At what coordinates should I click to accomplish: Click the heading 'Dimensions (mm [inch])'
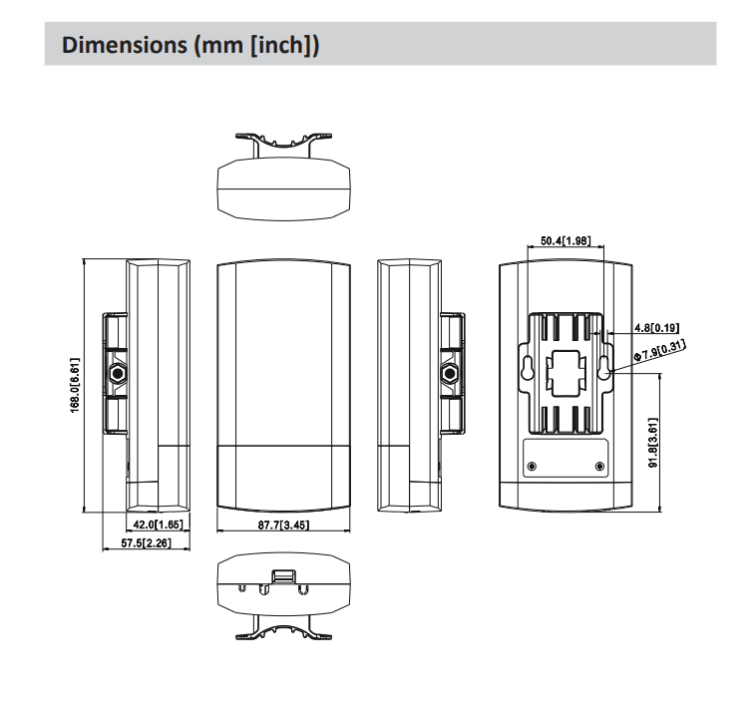click(x=190, y=45)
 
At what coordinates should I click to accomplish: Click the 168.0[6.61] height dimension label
click(x=75, y=385)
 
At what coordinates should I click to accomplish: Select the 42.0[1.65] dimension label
click(x=159, y=525)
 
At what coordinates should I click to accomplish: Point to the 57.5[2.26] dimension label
click(x=146, y=542)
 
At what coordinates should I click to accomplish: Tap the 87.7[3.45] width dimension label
click(x=283, y=525)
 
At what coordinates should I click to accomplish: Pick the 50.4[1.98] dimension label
click(x=566, y=240)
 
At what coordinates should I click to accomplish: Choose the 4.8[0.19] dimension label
click(x=656, y=328)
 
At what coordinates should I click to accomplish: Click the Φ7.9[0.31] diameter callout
click(x=659, y=351)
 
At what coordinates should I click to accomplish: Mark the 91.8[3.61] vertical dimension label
click(x=653, y=443)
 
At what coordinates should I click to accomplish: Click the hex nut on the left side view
click(x=117, y=373)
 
